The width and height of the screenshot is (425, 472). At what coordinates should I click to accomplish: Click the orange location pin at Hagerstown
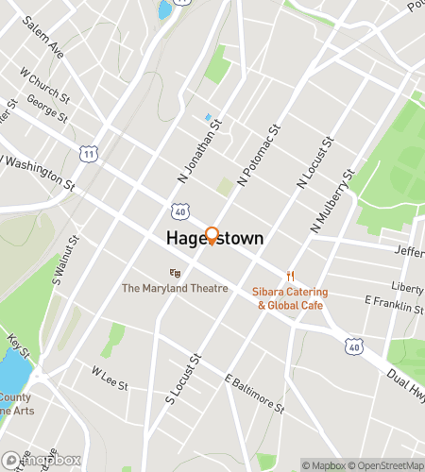[212, 236]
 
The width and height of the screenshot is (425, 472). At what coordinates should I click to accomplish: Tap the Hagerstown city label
[215, 240]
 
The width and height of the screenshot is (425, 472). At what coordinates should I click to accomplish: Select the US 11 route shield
[89, 151]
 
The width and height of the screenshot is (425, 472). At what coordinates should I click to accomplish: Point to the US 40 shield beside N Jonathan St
[178, 213]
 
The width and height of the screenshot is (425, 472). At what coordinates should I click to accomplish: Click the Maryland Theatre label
[175, 288]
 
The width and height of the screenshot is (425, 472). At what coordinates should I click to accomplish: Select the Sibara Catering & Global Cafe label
[290, 298]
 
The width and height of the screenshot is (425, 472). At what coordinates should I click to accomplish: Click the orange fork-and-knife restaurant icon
[289, 277]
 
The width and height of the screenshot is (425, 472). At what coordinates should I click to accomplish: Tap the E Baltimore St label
[254, 394]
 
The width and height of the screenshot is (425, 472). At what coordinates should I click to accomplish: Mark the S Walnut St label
[60, 259]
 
